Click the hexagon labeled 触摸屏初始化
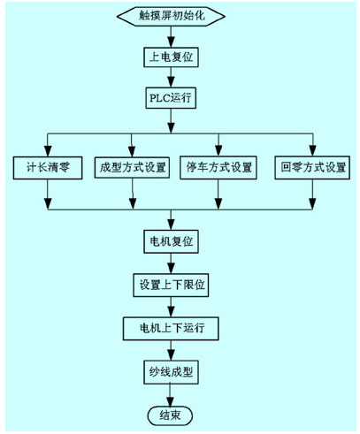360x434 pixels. [x=171, y=16]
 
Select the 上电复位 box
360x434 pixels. [x=171, y=57]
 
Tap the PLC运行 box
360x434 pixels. [x=171, y=97]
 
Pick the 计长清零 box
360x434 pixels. [x=48, y=168]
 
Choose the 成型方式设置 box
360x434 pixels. [x=132, y=167]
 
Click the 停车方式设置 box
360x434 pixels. [x=218, y=168]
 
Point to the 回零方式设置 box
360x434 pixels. [x=312, y=168]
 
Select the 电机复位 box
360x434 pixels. [x=171, y=241]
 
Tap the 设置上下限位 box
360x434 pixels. [x=171, y=285]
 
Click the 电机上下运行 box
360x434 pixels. [x=171, y=328]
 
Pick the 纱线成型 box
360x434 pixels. [x=171, y=372]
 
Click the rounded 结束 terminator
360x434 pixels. [x=170, y=415]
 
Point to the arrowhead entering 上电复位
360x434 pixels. [x=171, y=42]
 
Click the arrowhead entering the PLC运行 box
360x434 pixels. [x=171, y=82]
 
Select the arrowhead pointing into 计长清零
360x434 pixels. [x=48, y=151]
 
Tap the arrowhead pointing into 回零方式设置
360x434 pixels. [x=313, y=151]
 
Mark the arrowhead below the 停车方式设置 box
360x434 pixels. [x=218, y=204]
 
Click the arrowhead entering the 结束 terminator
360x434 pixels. [x=170, y=401]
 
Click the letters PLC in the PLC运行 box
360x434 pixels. [x=160, y=97]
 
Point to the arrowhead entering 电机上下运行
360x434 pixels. [x=171, y=312]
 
